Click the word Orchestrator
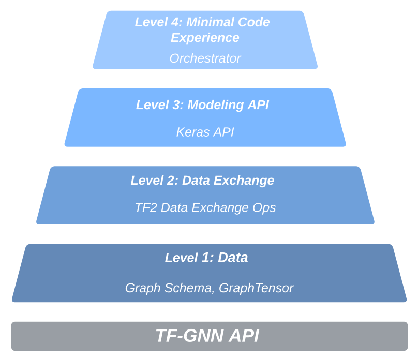click(x=205, y=58)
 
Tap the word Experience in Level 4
click(x=205, y=38)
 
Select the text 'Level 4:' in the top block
click(x=159, y=22)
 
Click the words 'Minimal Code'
click(x=228, y=22)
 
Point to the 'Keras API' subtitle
click(x=205, y=132)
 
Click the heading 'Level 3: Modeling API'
click(x=203, y=104)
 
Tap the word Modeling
click(x=215, y=105)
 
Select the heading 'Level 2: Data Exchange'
click(x=202, y=181)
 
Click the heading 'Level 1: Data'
click(x=206, y=258)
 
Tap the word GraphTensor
click(x=256, y=288)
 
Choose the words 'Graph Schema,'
click(x=170, y=288)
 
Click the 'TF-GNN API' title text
click(x=207, y=336)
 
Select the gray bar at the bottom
click(x=210, y=336)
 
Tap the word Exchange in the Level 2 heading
click(x=244, y=181)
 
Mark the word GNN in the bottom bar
click(x=203, y=336)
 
